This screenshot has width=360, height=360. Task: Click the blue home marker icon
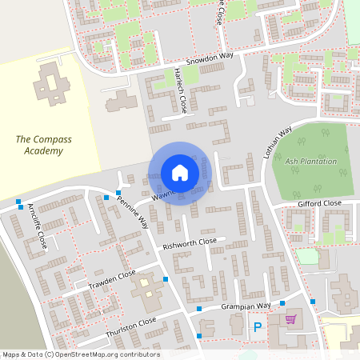pos(180,173)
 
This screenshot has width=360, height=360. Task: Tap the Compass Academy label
pos(43,145)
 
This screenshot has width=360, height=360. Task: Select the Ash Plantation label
pos(311,161)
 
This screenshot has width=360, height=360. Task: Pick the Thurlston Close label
pos(130,326)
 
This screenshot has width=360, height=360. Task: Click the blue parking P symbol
pos(258,326)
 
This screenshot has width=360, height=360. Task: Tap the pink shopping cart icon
pos(290,319)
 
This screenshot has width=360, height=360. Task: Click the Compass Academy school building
pos(50,84)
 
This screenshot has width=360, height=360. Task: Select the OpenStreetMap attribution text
pos(80,354)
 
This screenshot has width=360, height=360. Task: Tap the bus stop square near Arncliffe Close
pos(18,201)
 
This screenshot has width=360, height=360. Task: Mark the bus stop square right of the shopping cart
pos(314,302)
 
